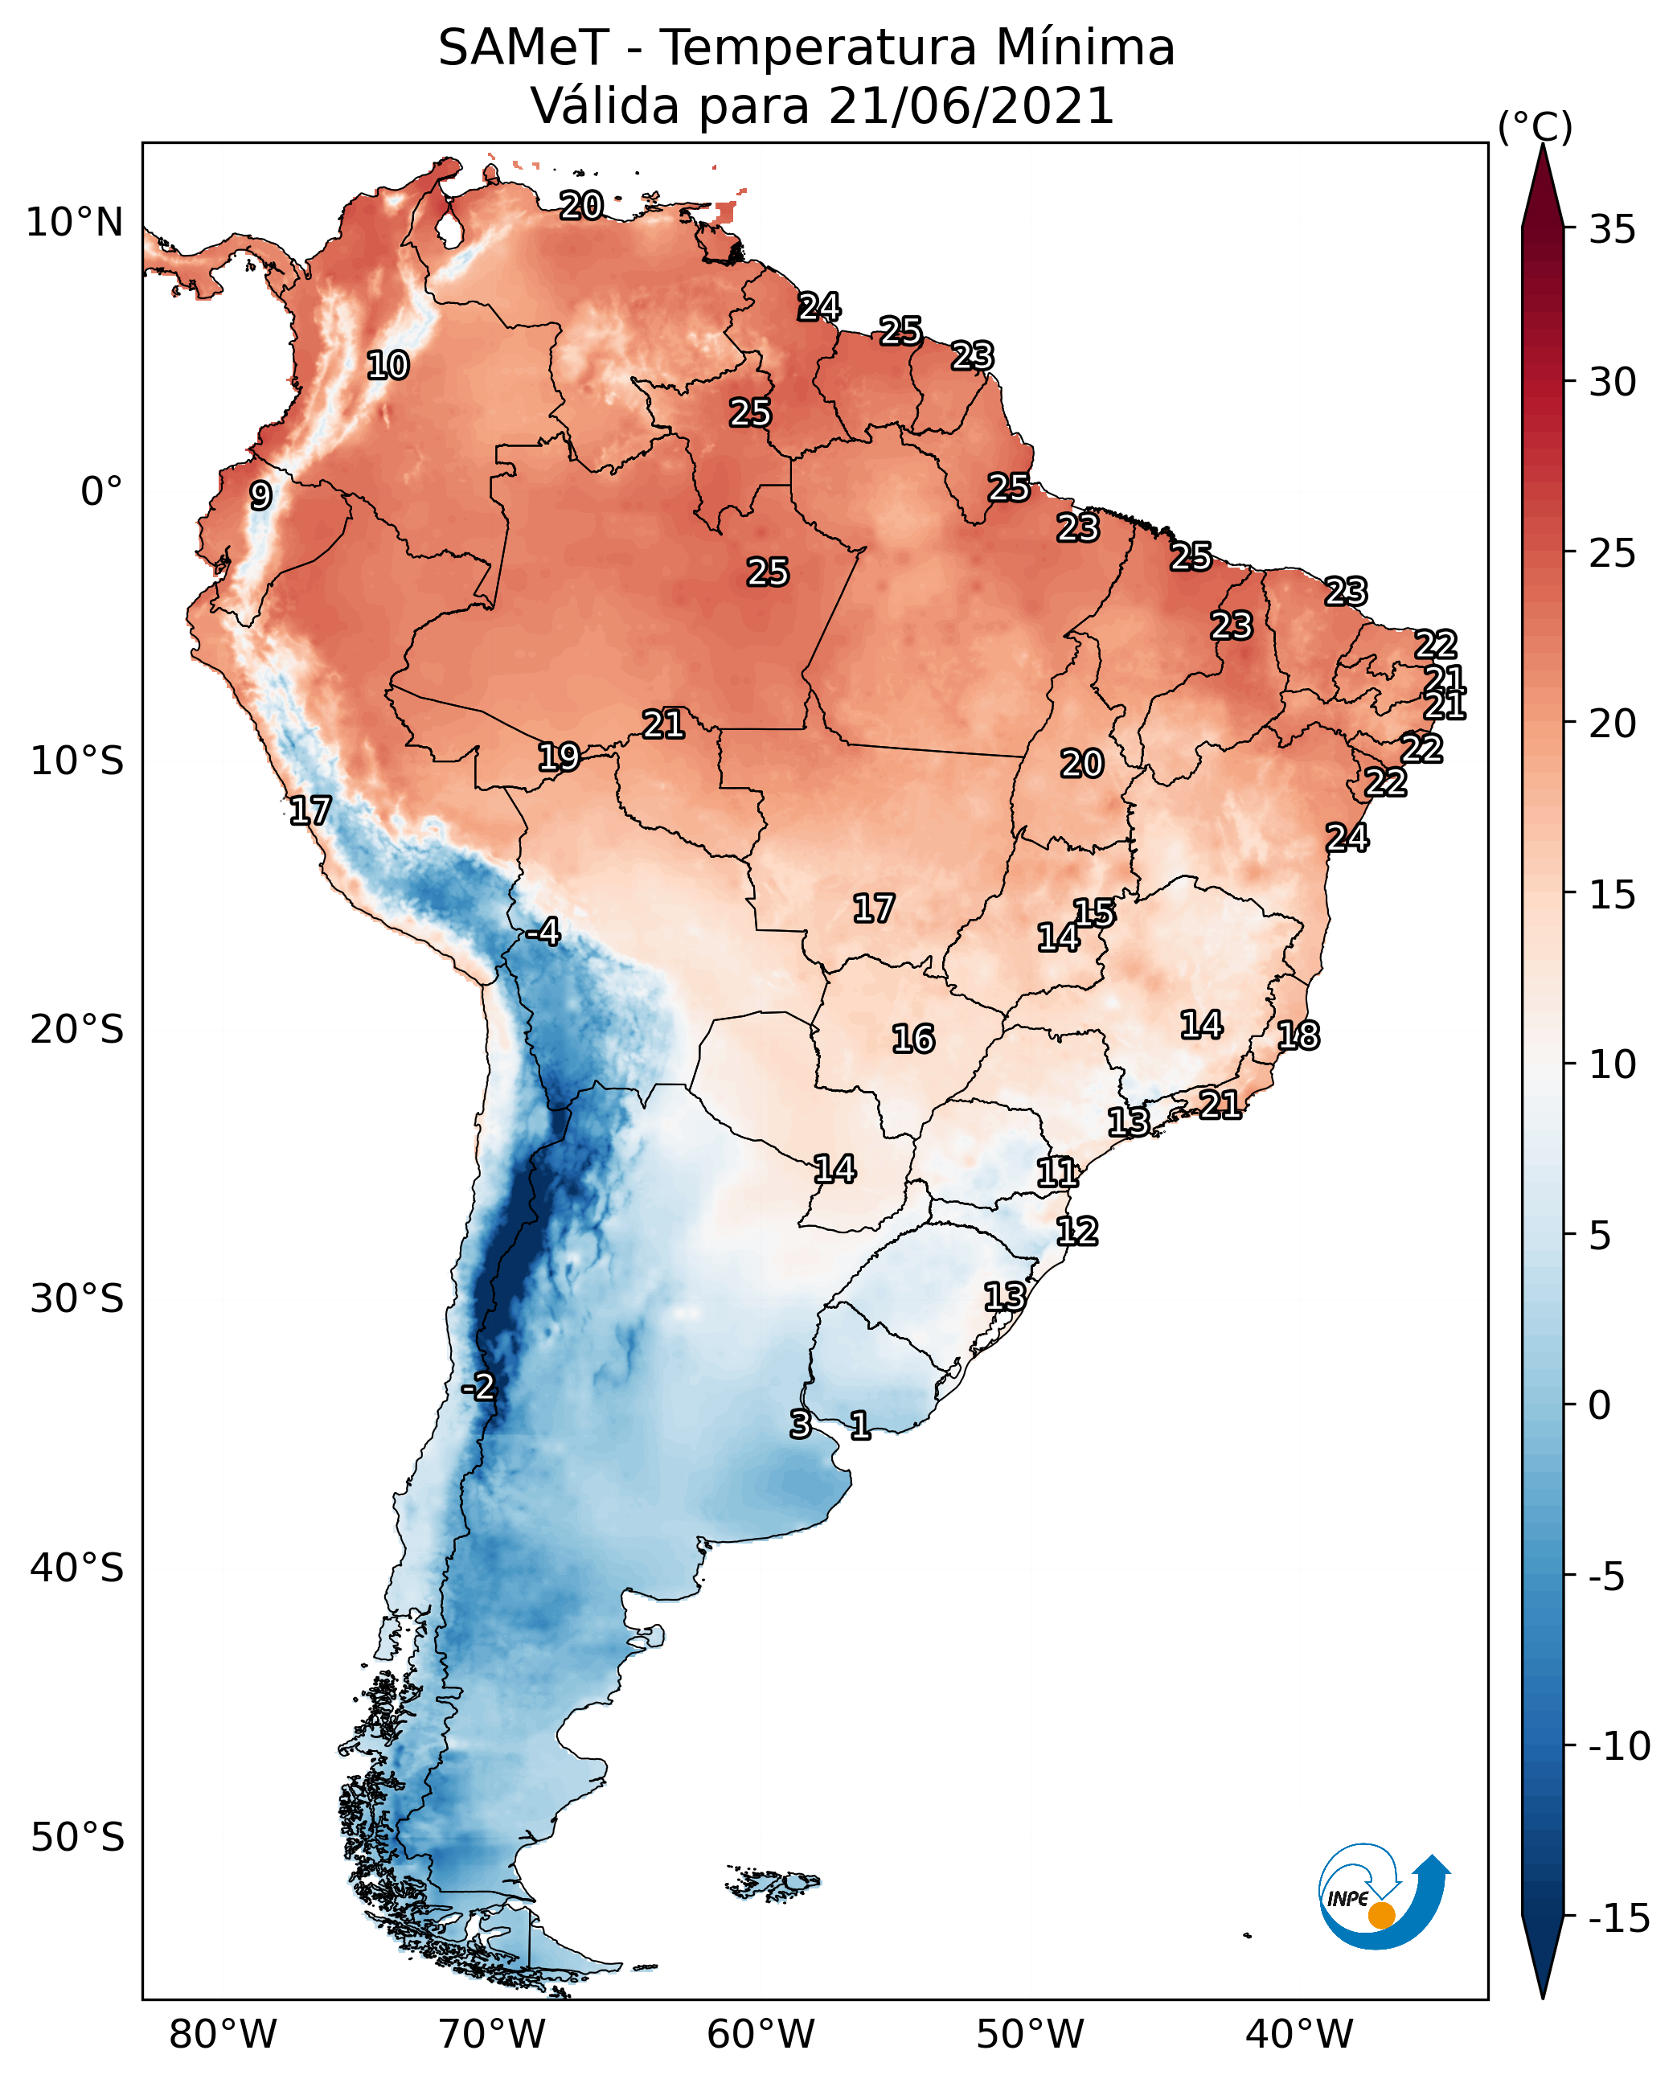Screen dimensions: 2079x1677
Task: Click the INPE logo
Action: point(1383,1897)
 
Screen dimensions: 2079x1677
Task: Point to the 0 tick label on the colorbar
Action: point(1600,1405)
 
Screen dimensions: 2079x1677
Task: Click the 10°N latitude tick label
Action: point(75,223)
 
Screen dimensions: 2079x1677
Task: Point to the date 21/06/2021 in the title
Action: point(971,105)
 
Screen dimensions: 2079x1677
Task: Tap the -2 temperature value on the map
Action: point(478,1388)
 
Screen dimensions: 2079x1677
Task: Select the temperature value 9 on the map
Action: point(260,495)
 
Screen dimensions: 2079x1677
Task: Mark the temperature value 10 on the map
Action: point(387,365)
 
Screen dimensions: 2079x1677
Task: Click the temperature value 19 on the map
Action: point(559,757)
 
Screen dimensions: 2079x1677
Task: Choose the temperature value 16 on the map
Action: point(913,1039)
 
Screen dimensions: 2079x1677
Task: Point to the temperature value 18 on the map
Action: point(1298,1035)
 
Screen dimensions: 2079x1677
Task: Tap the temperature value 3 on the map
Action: point(800,1424)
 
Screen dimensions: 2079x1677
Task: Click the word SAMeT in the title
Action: point(523,47)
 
